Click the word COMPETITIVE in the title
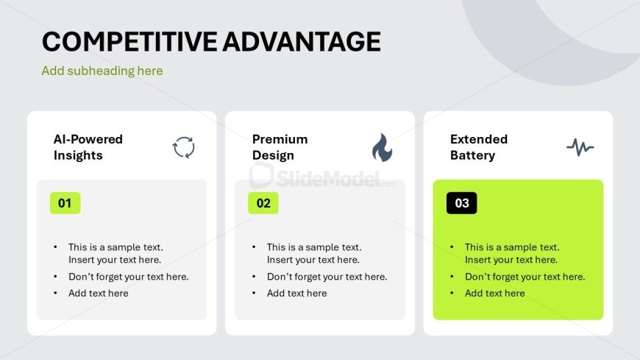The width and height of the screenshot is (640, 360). point(129,42)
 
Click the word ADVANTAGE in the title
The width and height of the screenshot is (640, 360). point(302,42)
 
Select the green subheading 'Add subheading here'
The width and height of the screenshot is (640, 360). point(102,71)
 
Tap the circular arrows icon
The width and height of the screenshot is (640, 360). point(184,147)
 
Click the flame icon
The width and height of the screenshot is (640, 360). point(382,147)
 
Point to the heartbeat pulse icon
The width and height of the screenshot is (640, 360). point(580,147)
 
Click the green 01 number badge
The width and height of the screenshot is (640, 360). point(65,203)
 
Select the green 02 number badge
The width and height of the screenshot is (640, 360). point(263,203)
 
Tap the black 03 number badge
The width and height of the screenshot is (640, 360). point(462,203)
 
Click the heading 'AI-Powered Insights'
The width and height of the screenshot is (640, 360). point(88,147)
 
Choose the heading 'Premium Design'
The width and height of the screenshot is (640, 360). point(280,147)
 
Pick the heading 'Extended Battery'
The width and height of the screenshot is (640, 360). point(479,147)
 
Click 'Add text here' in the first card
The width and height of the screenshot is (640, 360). point(99,294)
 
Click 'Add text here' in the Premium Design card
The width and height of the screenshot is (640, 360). point(296,294)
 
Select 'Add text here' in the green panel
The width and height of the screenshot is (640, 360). point(494,294)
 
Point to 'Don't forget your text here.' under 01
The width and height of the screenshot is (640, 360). point(129,277)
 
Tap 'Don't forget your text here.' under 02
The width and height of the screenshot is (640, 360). point(327,277)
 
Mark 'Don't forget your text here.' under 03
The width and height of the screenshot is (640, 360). point(525,277)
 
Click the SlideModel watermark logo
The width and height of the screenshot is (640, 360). point(322,177)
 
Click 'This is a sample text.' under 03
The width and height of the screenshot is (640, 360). point(512,247)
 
